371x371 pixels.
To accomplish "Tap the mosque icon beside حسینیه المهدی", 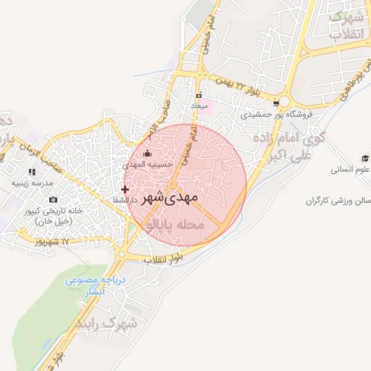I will click(x=148, y=153).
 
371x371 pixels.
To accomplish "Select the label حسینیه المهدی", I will click(x=149, y=164).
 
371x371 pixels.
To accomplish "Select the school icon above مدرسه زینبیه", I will click(x=31, y=172).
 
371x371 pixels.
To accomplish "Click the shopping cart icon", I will click(x=276, y=103).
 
